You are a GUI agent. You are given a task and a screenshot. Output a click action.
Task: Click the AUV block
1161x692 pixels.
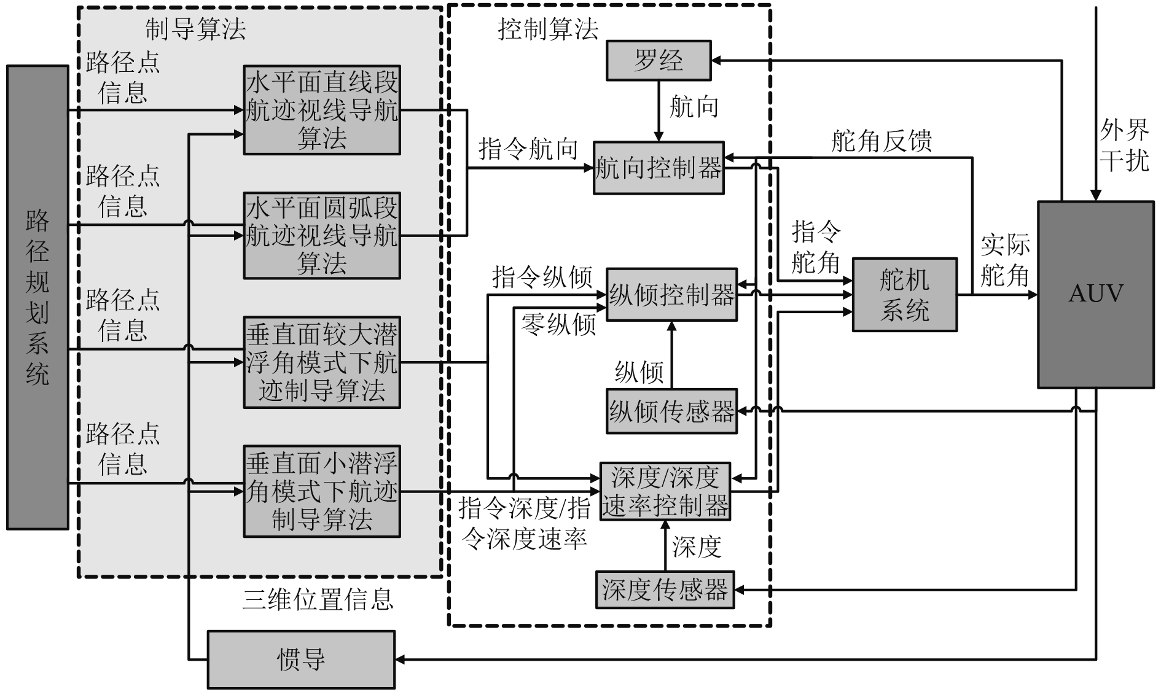coord(1095,294)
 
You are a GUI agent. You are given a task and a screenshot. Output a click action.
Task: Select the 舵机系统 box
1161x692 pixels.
coord(904,295)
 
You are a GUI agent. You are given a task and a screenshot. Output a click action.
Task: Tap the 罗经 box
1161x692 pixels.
coord(658,60)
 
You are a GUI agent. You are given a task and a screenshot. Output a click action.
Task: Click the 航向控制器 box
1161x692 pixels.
coord(658,168)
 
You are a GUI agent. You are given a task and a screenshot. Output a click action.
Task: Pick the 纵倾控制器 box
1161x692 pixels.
coord(671,295)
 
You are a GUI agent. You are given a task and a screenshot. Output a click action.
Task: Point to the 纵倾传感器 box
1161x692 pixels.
coord(671,411)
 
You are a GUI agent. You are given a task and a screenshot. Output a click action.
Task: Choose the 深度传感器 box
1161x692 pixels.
coord(665,589)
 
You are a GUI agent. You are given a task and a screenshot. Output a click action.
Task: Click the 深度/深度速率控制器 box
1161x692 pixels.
coord(665,491)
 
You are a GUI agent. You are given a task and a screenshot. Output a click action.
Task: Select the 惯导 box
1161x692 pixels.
coord(301,659)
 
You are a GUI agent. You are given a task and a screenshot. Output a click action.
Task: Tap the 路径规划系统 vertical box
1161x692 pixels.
coord(37,297)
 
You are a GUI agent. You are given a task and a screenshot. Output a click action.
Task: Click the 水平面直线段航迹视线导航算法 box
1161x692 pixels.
coord(321,110)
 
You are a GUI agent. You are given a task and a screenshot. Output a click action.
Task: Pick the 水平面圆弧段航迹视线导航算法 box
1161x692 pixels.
coord(321,235)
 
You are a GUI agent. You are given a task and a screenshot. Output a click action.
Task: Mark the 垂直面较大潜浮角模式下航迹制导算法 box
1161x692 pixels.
coord(321,362)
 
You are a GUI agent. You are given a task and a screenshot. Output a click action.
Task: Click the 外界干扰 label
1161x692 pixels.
coord(1124,146)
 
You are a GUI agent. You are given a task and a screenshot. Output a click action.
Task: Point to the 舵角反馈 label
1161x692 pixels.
coord(881,141)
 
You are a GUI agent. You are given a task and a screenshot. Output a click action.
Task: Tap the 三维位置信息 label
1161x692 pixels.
coord(318,599)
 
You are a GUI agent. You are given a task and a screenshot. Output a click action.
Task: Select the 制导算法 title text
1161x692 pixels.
coord(195,28)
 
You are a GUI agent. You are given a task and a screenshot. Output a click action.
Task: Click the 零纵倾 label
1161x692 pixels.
coord(558,324)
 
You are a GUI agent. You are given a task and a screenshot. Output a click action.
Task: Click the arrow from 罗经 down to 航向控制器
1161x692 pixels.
coord(658,111)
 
